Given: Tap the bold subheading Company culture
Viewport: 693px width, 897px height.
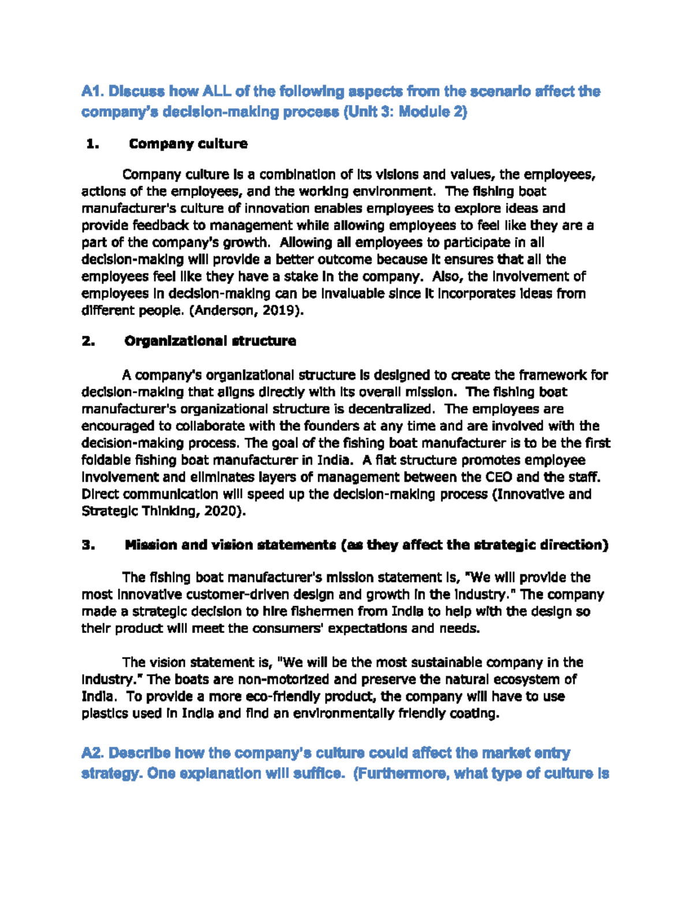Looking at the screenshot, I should [x=188, y=144].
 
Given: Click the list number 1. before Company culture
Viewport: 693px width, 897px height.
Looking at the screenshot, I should [x=92, y=144].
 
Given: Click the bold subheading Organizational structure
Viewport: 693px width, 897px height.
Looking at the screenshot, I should [x=210, y=341].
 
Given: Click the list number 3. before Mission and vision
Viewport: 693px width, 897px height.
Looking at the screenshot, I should [x=88, y=545].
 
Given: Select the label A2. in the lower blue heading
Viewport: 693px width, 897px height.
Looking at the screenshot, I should [x=93, y=754].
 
